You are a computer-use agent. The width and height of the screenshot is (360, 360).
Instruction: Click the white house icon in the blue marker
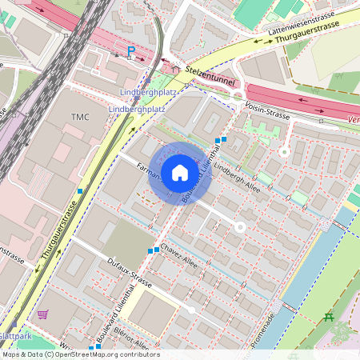[180, 172]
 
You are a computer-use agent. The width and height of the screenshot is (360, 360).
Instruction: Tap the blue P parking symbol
[131, 52]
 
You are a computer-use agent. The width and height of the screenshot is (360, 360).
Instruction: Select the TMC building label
[80, 118]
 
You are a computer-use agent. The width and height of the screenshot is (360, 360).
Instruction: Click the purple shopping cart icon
[42, 314]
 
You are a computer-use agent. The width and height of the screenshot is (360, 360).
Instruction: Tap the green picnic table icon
[329, 318]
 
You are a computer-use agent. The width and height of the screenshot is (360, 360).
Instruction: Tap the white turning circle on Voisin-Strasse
[283, 150]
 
